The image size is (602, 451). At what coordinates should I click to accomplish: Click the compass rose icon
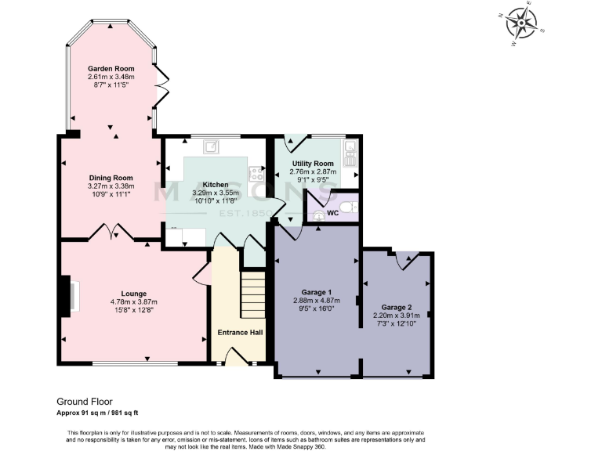point(520,23)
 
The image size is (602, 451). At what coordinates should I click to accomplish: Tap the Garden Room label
point(111,68)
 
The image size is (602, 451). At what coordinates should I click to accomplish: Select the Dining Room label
point(111,178)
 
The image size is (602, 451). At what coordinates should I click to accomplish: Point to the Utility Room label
point(313,163)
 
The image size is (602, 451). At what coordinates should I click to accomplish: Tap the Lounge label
point(122,293)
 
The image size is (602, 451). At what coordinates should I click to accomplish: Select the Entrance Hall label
point(240,333)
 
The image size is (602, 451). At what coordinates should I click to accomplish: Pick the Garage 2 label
point(396,307)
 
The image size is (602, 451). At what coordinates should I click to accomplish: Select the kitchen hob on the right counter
point(256,173)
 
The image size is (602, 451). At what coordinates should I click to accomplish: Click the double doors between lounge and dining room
point(111,233)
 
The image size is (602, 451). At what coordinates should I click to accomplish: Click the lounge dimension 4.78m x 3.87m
point(122,301)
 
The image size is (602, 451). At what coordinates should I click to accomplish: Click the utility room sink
point(350,148)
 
